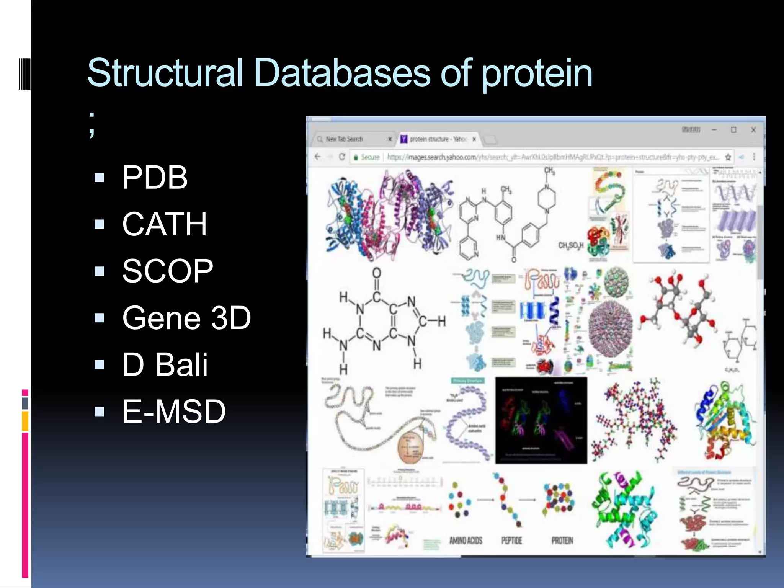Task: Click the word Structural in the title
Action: point(165,73)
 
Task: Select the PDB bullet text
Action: point(155,177)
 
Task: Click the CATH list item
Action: point(165,224)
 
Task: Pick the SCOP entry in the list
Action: point(168,271)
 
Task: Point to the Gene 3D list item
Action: point(186,318)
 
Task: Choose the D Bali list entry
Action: point(165,364)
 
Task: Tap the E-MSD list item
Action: point(174,412)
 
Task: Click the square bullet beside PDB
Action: point(99,177)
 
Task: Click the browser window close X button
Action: point(753,130)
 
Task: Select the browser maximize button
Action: point(733,130)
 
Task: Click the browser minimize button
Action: point(714,130)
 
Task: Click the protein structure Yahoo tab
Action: point(436,139)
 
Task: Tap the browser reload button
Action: point(342,157)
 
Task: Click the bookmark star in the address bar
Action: point(728,157)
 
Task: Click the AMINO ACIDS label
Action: point(465,541)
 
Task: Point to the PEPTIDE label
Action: point(511,541)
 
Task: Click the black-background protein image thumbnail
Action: point(541,420)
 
